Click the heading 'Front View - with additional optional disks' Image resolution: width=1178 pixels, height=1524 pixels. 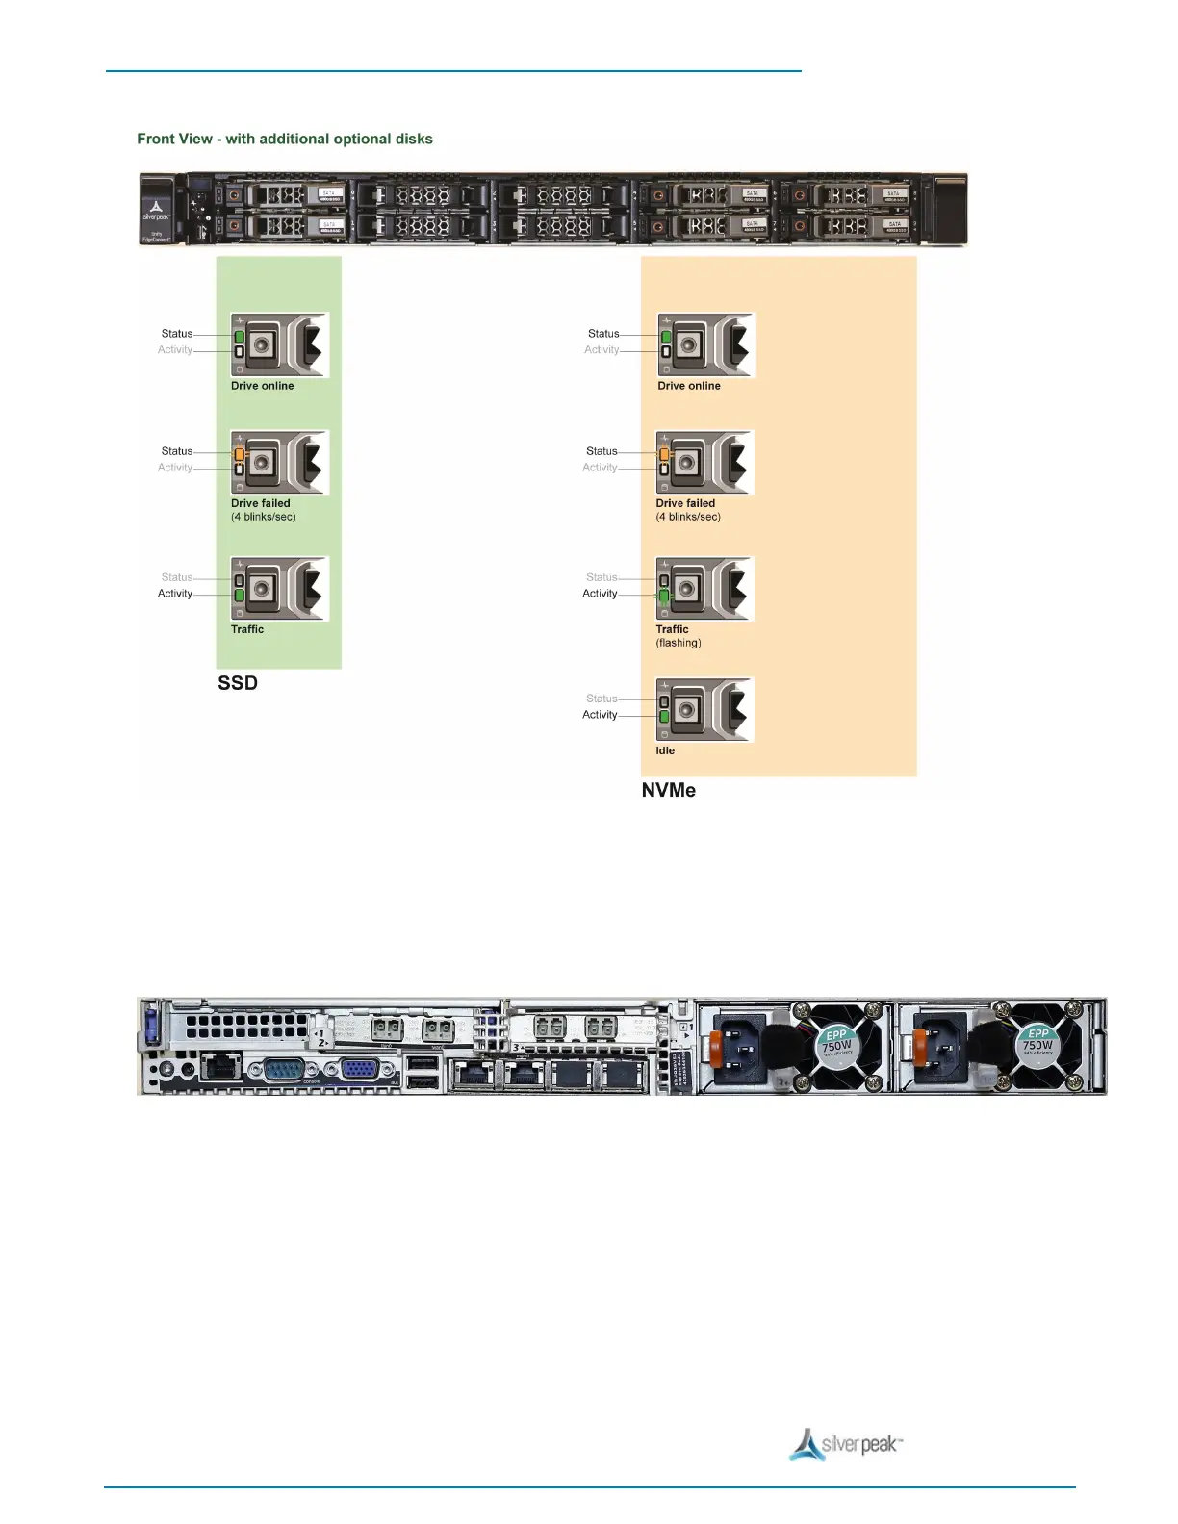[285, 139]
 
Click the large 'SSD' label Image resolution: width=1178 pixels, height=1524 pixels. [238, 683]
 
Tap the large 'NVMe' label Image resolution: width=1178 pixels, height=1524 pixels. [669, 790]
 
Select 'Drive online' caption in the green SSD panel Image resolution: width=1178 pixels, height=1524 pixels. [263, 386]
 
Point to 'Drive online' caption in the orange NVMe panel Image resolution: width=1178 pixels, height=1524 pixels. [689, 386]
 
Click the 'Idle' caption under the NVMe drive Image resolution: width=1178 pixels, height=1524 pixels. [665, 750]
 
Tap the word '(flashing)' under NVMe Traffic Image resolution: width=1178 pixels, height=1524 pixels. [679, 643]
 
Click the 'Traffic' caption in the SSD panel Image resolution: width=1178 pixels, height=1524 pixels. [247, 629]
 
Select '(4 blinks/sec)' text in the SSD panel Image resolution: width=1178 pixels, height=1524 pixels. [264, 517]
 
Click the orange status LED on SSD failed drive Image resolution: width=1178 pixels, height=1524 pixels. [240, 453]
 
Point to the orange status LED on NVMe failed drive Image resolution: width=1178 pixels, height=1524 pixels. [664, 453]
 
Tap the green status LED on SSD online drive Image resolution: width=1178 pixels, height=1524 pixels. [239, 337]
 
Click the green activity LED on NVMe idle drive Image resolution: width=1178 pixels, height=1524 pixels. [664, 717]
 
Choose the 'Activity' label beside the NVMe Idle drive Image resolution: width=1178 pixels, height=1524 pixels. [600, 715]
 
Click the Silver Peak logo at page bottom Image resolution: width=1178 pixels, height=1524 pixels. [846, 1444]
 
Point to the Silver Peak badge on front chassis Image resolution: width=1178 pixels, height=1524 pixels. [156, 211]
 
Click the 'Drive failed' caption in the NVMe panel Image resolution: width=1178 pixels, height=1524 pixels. [685, 503]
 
